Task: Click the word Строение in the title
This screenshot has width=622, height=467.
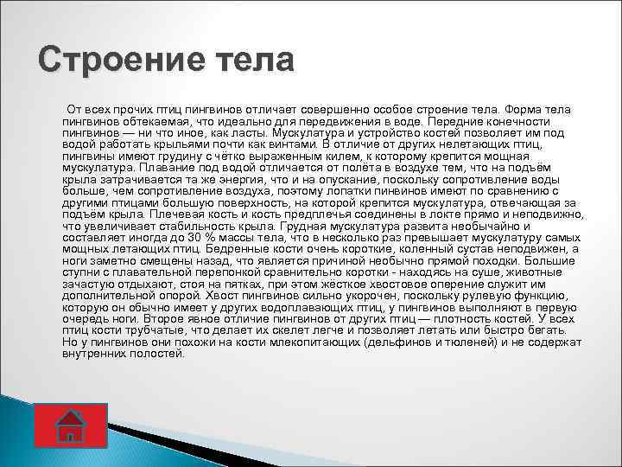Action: coord(129,62)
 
